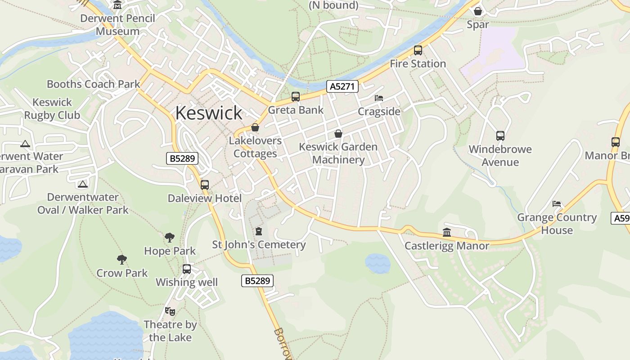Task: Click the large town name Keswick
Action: point(208,112)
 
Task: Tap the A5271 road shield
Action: point(342,86)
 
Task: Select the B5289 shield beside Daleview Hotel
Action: point(182,158)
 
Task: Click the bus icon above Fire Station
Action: point(418,50)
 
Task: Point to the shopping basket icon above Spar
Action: point(478,11)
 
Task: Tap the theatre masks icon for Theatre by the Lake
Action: point(170,311)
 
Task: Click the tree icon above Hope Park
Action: point(170,237)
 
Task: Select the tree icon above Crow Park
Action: point(121,259)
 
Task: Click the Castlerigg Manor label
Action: point(446,246)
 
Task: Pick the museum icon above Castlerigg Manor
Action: point(447,232)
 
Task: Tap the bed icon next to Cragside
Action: point(379,98)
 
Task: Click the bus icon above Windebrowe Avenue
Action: point(500,135)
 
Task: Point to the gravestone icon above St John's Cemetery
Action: point(259,231)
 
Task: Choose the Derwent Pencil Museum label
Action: point(117,25)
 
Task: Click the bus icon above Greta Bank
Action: point(296,96)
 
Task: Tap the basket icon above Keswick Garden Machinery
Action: point(338,134)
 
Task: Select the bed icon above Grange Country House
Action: point(557,204)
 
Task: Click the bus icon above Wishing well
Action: point(187,269)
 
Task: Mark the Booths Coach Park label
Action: point(94,84)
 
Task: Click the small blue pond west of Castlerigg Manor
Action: point(378,263)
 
